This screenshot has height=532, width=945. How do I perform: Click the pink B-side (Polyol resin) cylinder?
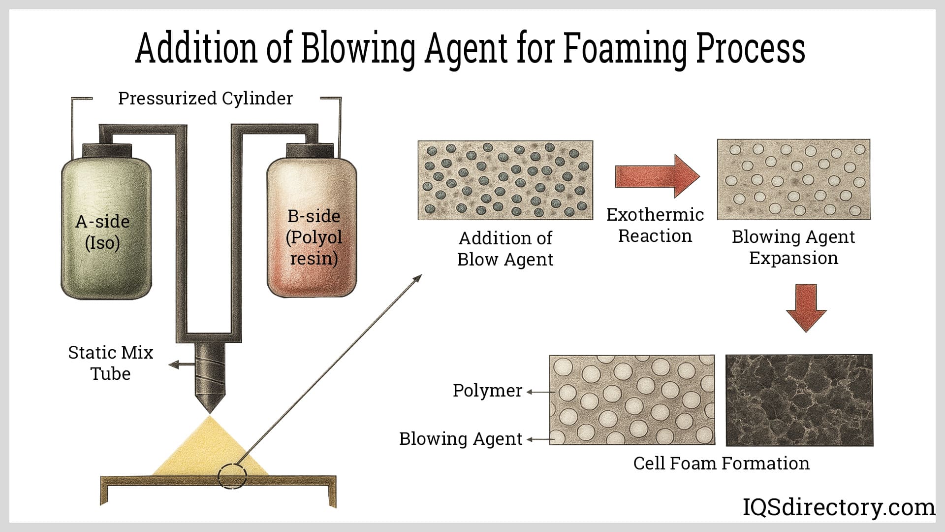click(x=311, y=232)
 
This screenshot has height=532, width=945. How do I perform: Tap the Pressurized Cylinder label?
click(x=205, y=99)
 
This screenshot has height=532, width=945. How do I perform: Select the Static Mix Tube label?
click(x=110, y=363)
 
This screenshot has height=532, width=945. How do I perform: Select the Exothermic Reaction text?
click(x=655, y=225)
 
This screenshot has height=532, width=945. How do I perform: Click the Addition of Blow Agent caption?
click(x=505, y=249)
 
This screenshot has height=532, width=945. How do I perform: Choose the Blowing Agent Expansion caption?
click(x=793, y=247)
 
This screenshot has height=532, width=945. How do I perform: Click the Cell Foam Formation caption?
click(x=721, y=464)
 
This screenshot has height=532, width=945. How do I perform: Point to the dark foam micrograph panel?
click(x=799, y=400)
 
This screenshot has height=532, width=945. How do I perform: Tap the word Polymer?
click(x=487, y=391)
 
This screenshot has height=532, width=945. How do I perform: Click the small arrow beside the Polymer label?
click(x=538, y=392)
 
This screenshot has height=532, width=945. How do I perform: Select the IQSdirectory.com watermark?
click(x=838, y=507)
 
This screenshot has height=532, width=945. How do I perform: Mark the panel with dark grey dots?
click(x=505, y=180)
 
